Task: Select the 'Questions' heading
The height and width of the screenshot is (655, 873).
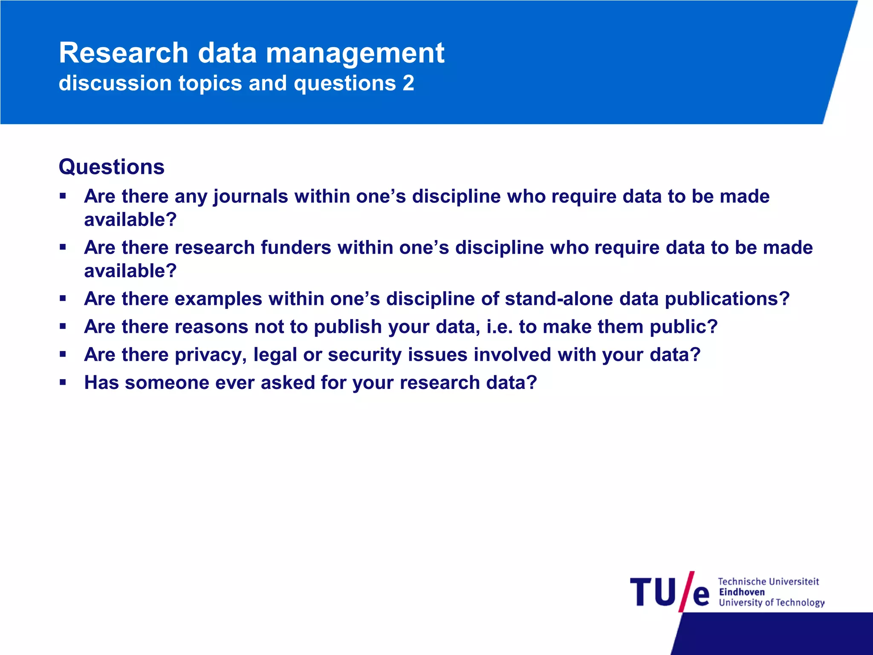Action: click(112, 167)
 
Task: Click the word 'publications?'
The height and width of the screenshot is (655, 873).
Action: click(727, 299)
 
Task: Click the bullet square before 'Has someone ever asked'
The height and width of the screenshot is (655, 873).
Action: click(63, 383)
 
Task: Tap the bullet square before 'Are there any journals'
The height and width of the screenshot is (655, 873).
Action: click(63, 197)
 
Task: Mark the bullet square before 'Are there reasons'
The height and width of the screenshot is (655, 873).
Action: click(63, 327)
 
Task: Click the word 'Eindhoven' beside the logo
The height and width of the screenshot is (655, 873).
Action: click(742, 592)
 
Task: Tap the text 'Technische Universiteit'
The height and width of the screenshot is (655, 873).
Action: click(768, 581)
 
